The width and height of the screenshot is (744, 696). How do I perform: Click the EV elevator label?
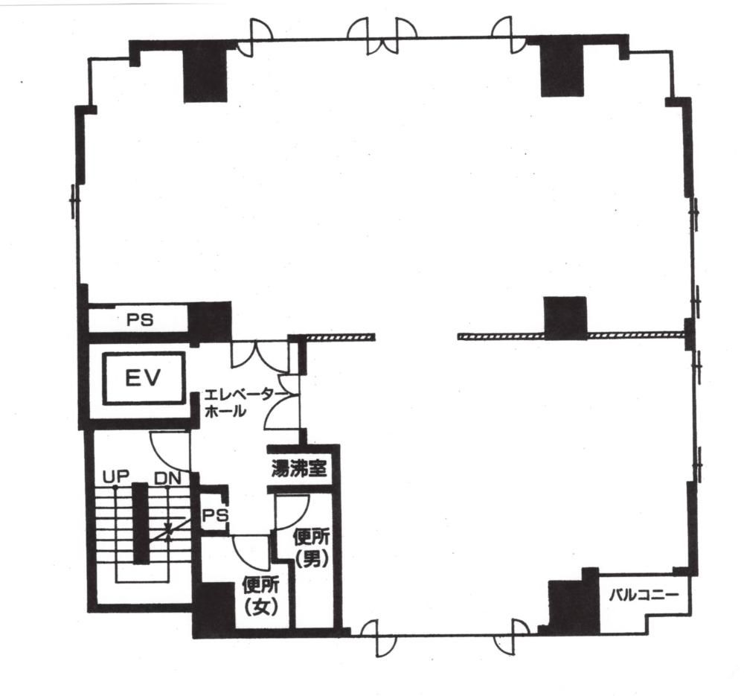tap(143, 378)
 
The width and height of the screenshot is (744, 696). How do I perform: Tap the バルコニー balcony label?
tap(644, 595)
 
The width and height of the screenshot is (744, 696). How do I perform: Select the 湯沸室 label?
tap(299, 469)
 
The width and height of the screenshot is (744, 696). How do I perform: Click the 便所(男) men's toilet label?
tap(312, 549)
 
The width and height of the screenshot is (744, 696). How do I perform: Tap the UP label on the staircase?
tap(116, 477)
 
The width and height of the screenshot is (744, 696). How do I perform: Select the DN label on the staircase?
tap(168, 478)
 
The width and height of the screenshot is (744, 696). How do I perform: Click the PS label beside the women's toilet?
tap(216, 515)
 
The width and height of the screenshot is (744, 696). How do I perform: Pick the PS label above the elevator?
tap(140, 320)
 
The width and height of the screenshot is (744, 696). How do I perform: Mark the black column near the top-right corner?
tap(562, 68)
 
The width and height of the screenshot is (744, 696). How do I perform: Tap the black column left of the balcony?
tap(574, 601)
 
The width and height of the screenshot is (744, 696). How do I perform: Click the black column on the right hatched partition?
tap(565, 318)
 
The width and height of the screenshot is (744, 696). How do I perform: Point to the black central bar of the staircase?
tap(140, 523)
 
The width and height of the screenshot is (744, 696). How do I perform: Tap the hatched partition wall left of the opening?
tap(340, 337)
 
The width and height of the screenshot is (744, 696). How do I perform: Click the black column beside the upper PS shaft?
tap(210, 322)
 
